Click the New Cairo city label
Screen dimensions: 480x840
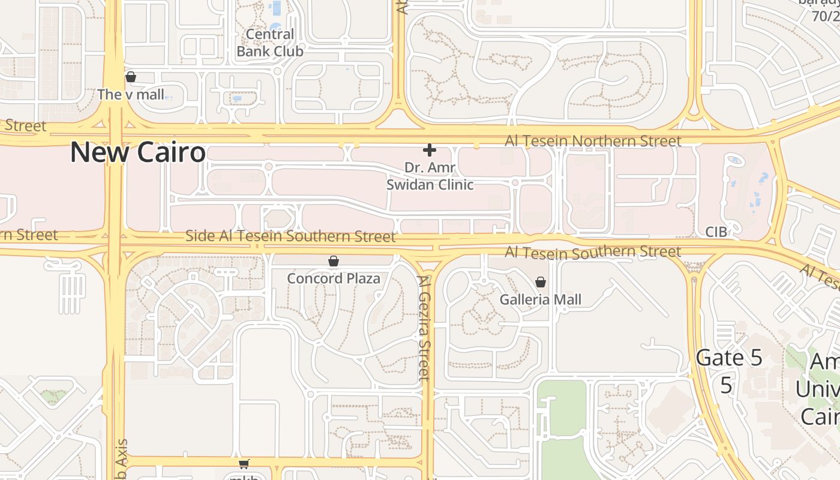138,152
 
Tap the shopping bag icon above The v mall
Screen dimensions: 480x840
131,77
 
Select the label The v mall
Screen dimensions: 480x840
130,94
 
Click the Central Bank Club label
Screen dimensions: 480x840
270,43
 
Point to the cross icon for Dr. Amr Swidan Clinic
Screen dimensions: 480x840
429,150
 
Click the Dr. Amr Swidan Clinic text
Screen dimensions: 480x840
430,176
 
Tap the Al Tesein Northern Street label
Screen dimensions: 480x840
593,141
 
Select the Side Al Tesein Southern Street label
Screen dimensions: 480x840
290,236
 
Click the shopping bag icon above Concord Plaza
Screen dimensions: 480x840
334,261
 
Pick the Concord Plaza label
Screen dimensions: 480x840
334,278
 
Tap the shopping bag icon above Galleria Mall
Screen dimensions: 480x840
541,282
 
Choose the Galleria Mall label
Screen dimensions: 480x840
541,299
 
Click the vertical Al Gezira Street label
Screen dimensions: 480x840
424,328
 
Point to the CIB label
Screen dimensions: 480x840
716,232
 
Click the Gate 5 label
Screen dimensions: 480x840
729,358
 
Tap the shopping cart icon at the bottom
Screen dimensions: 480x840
244,464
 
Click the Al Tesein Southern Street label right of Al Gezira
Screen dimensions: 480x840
593,252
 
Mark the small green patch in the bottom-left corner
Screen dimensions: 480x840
54,396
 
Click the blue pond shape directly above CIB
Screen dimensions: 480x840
733,161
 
